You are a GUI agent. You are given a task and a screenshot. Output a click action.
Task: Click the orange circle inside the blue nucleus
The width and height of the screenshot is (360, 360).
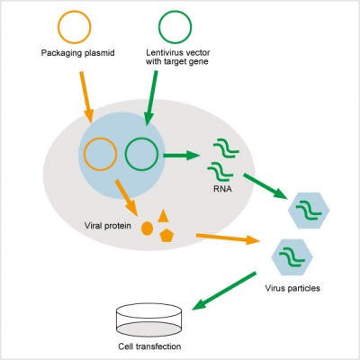(102, 154)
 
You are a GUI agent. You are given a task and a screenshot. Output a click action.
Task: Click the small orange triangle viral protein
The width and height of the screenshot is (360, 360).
(163, 216)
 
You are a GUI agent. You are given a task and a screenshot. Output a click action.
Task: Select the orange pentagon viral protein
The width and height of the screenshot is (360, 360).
(166, 236)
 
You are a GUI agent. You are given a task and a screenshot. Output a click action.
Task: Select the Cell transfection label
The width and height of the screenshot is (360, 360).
(149, 346)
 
